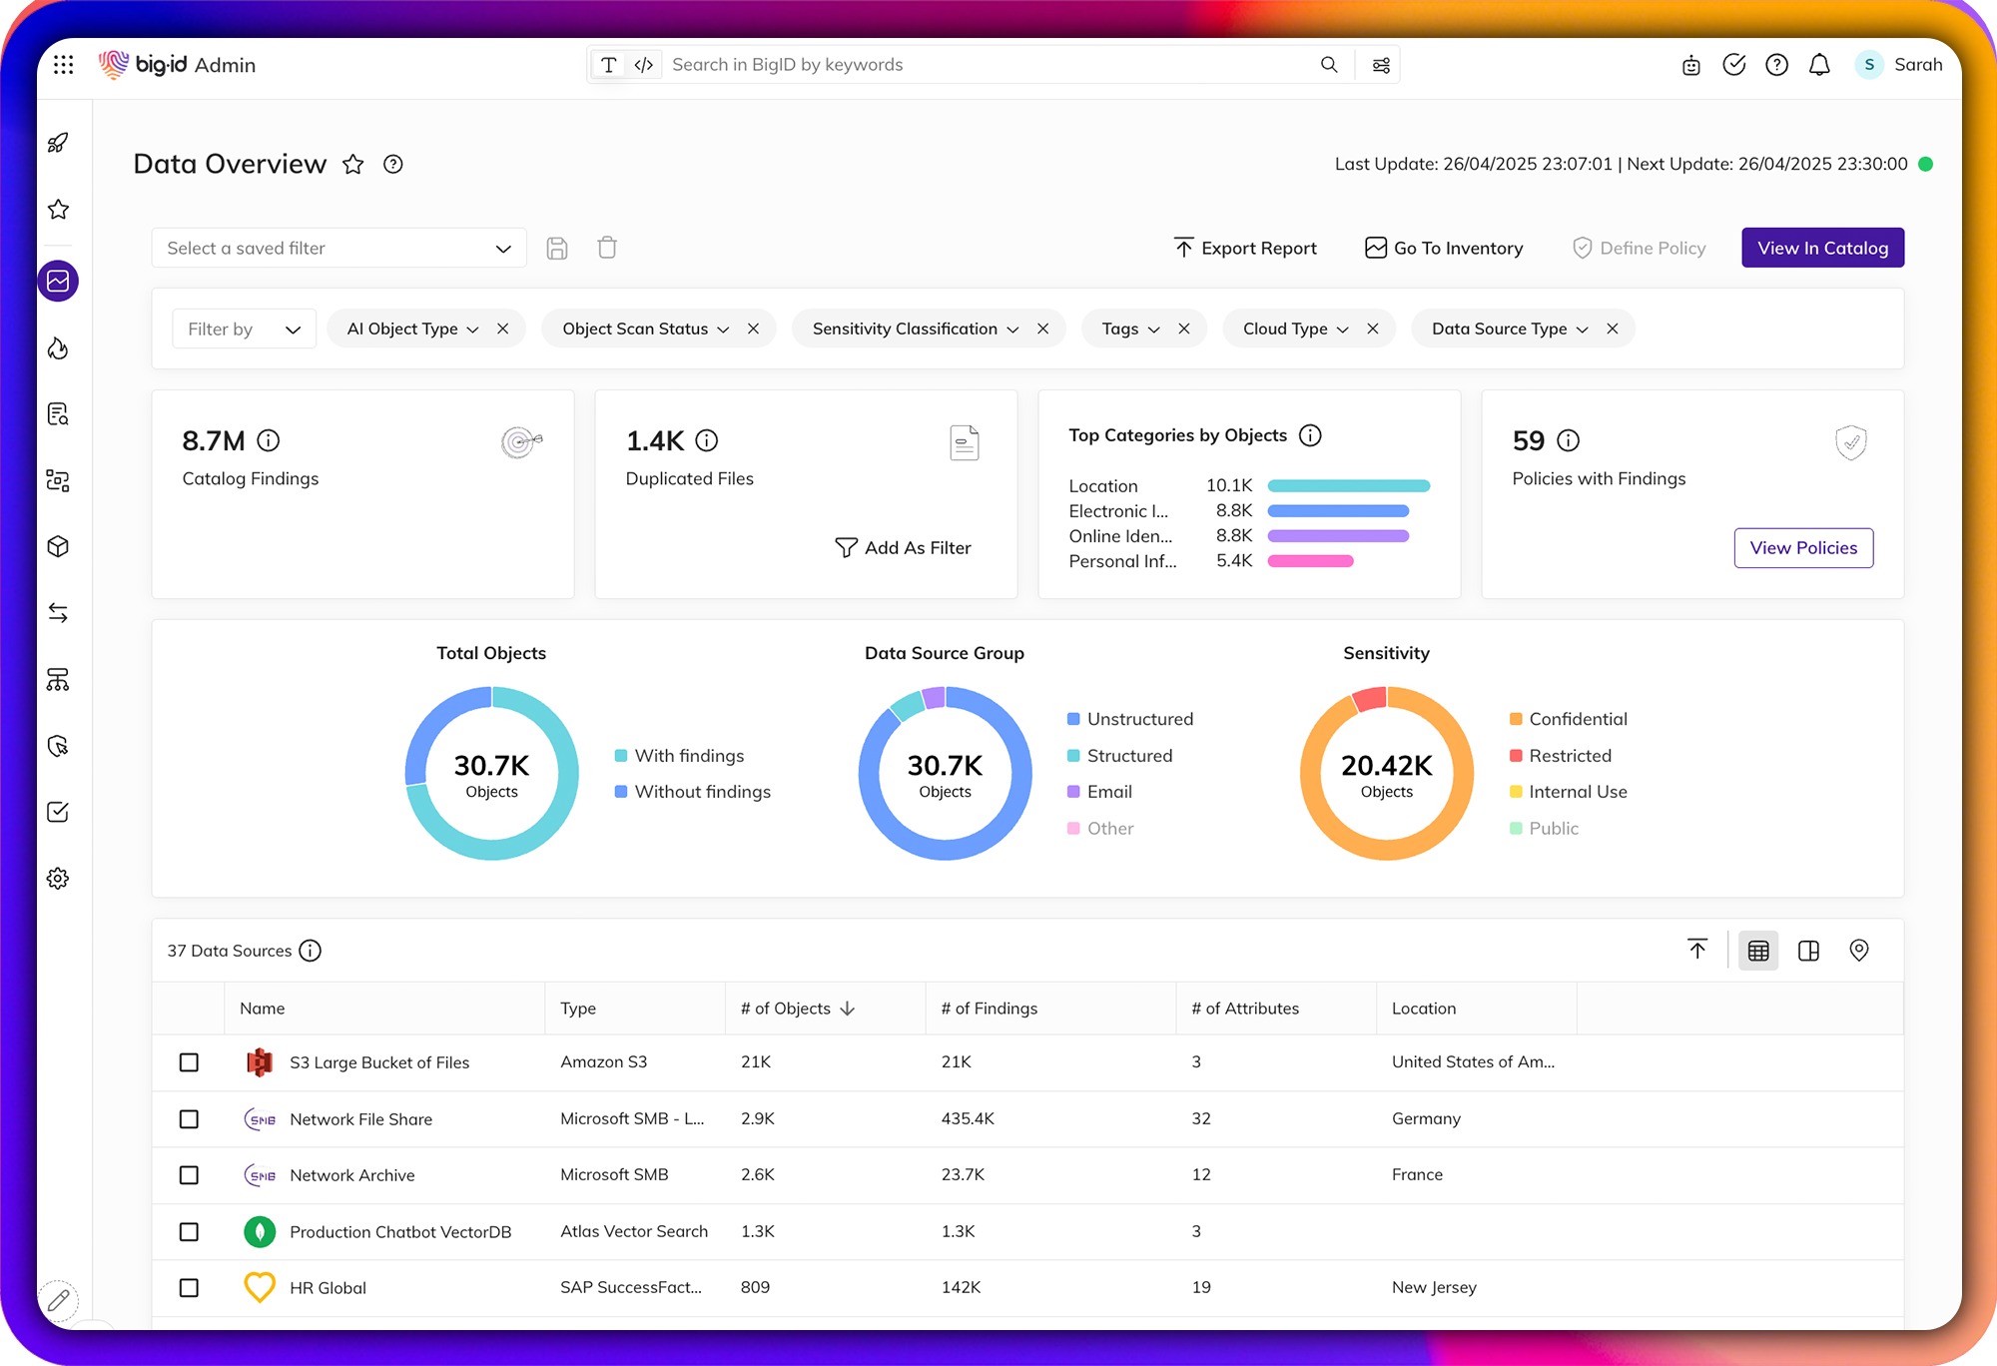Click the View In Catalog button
(1822, 248)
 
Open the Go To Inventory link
(1444, 248)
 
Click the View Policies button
(1803, 548)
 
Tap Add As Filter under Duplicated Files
(903, 548)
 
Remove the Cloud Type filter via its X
(1373, 329)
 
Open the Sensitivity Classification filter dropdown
(915, 329)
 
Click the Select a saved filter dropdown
(338, 248)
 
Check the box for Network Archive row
(189, 1175)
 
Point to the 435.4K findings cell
(968, 1118)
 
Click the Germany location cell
(1426, 1118)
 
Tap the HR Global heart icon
(260, 1287)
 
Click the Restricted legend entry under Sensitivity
(1569, 756)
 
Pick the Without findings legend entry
(702, 792)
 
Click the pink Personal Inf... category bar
(1310, 561)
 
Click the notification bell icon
(1819, 65)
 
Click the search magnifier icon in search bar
(1329, 65)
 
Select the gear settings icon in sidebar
(58, 878)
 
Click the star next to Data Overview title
(352, 165)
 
